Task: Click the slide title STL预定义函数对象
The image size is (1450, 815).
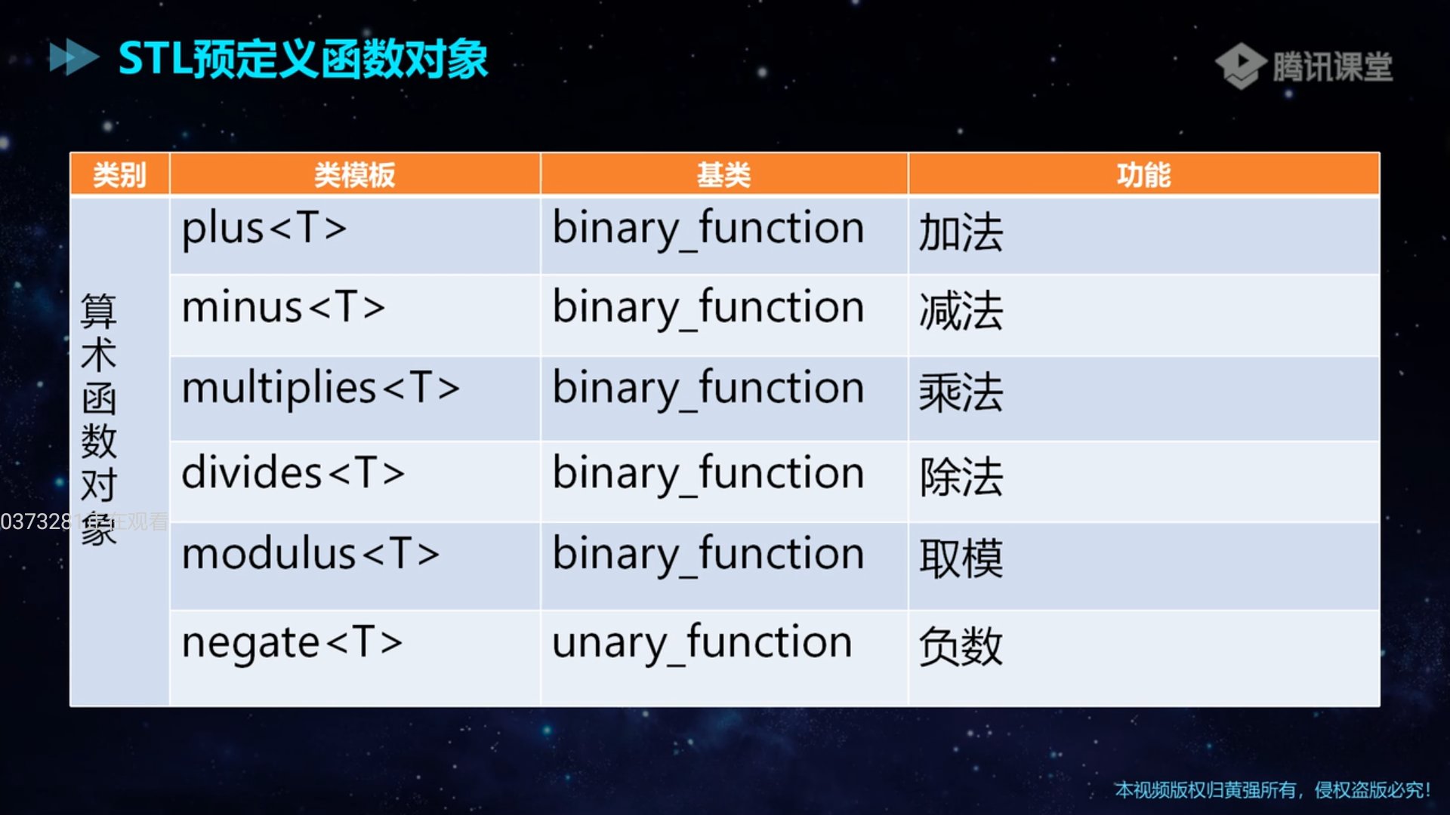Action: coord(304,59)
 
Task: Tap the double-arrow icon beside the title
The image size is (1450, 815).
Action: coord(73,57)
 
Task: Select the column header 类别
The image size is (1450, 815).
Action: coord(119,175)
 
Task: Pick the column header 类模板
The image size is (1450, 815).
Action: coord(355,175)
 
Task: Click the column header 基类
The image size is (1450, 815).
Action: coord(723,175)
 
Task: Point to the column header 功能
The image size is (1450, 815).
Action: coord(1143,175)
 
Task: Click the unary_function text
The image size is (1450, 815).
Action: coord(702,643)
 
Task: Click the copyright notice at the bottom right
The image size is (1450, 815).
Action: coord(1273,790)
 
